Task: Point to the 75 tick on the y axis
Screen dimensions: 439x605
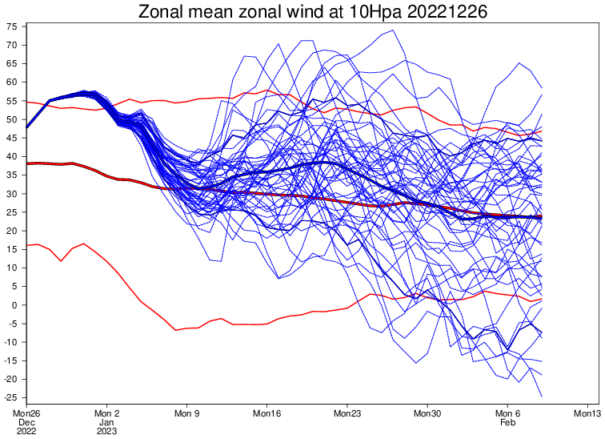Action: click(x=12, y=26)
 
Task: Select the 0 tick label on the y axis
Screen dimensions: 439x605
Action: click(x=15, y=305)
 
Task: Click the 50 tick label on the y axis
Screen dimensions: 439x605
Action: click(x=12, y=119)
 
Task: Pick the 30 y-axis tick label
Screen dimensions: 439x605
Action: click(x=12, y=194)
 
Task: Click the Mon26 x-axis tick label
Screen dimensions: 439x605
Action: click(x=26, y=413)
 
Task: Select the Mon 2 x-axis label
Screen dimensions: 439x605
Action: click(x=106, y=413)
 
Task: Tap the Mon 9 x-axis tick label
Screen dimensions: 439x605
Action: click(x=186, y=413)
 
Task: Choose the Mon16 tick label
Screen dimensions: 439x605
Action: click(x=266, y=413)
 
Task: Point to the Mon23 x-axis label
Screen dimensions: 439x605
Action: click(x=347, y=413)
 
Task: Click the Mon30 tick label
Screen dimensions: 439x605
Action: click(x=427, y=413)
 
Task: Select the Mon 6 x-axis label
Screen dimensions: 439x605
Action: click(x=507, y=413)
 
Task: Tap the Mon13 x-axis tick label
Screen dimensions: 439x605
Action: click(x=587, y=413)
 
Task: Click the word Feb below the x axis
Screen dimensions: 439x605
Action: click(x=507, y=422)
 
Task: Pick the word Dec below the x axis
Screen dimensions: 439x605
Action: click(x=26, y=422)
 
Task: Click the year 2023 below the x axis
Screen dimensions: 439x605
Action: click(x=106, y=431)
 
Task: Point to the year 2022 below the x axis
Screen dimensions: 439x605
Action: click(x=26, y=431)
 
